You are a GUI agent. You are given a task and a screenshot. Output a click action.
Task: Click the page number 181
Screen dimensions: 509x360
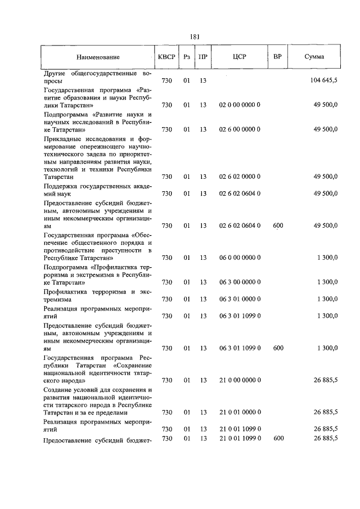tap(195, 37)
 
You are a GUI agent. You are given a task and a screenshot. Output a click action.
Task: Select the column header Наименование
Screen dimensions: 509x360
tap(98, 57)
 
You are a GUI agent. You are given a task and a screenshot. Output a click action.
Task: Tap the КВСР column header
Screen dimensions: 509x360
tap(166, 57)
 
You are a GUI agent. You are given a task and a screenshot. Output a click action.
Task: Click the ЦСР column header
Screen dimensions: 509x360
tap(240, 57)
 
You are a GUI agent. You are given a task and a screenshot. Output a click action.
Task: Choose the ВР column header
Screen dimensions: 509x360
tap(277, 57)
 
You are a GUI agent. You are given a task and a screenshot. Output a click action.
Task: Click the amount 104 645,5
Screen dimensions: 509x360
tap(323, 81)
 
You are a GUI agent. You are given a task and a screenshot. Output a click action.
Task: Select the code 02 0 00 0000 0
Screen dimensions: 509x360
tap(240, 105)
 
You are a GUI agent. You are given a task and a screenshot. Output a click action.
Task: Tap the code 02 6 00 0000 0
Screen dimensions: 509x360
tap(240, 129)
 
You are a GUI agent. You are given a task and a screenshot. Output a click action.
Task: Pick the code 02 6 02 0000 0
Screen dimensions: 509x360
tap(240, 177)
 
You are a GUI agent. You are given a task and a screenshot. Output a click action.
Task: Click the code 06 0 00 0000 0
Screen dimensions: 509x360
tap(240, 258)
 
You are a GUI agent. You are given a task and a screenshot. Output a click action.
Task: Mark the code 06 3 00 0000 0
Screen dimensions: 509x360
tap(240, 282)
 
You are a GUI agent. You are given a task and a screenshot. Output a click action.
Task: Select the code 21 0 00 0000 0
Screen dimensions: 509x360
tap(240, 381)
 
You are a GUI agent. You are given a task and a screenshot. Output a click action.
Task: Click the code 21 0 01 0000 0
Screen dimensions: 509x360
tap(240, 413)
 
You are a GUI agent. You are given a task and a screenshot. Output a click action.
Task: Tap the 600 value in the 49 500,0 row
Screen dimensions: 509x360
tap(278, 226)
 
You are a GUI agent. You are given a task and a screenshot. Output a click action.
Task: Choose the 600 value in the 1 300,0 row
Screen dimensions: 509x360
tap(278, 348)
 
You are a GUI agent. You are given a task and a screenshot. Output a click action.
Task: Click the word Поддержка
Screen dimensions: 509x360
tap(61, 185)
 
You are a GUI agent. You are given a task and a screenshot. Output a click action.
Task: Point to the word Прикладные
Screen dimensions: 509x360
tap(62, 138)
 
